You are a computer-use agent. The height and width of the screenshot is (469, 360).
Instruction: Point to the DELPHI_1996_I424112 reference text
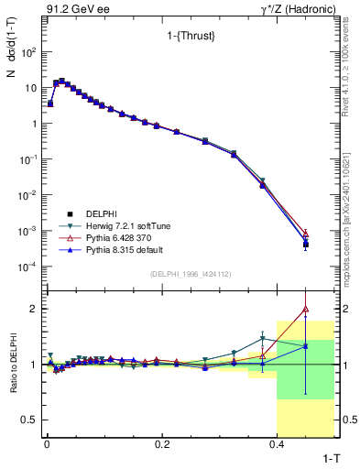coord(189,273)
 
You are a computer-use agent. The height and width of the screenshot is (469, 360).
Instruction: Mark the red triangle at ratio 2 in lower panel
coord(305,309)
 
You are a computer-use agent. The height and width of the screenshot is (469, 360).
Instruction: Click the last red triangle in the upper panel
coord(305,234)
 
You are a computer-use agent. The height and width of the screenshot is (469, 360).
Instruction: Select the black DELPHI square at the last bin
coord(305,245)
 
